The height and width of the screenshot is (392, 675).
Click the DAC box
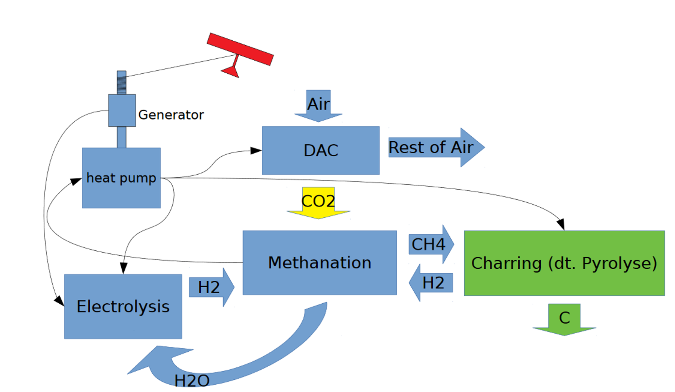coord(320,150)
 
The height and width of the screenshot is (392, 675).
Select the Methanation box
coord(320,263)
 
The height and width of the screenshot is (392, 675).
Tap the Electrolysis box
coord(123,306)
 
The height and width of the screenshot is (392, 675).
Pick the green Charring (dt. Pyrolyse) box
coord(564,263)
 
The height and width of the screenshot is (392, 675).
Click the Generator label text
coord(171,114)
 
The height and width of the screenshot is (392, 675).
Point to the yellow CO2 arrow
coord(318,202)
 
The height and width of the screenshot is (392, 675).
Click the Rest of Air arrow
coord(436,147)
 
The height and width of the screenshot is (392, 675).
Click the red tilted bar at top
coord(240,49)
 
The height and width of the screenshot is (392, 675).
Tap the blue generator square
coord(122,110)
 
